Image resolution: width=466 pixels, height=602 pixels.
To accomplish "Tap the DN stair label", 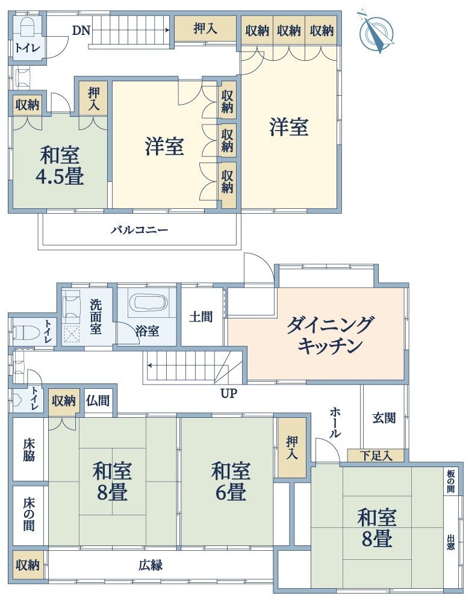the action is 81,30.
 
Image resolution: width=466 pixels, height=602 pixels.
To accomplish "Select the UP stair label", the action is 229,393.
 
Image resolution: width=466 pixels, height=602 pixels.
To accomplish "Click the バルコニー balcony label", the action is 140,231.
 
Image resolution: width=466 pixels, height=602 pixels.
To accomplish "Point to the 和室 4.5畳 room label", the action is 60,166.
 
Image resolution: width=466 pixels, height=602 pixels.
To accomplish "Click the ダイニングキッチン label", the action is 330,335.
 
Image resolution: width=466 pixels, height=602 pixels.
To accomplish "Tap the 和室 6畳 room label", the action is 231,482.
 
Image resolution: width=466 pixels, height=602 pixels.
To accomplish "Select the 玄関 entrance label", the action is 384,418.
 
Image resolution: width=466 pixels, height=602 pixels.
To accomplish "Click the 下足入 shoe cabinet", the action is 376,456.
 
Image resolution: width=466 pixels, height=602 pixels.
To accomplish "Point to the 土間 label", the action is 200,317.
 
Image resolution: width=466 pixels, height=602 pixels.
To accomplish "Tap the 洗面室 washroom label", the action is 96,317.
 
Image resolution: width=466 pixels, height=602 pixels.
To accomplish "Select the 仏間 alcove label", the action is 98,400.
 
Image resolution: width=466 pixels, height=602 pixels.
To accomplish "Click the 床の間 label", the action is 29,515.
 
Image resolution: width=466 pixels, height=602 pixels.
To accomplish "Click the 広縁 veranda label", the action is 151,565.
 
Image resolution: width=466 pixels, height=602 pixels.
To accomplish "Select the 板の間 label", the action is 450,482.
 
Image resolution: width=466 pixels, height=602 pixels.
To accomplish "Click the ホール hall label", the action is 335,423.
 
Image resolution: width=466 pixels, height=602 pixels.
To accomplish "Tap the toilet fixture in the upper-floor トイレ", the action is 27,28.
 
